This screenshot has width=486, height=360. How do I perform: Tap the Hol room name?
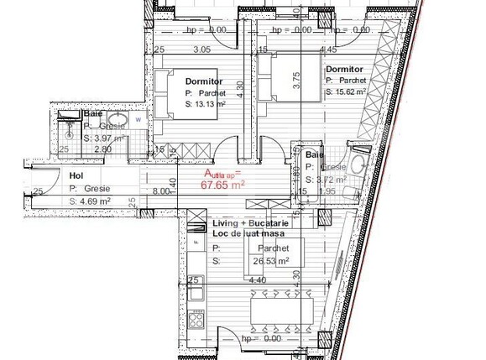click(x=76, y=176)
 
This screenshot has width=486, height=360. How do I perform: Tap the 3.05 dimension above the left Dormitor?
click(x=201, y=50)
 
